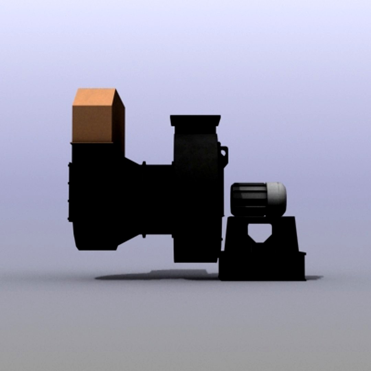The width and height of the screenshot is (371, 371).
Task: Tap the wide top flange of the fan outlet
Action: tap(195, 120)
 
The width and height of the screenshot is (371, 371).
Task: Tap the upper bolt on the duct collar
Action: tap(144, 163)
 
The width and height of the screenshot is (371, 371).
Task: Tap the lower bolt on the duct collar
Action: tap(144, 236)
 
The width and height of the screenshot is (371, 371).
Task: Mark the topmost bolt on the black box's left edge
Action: tap(69, 165)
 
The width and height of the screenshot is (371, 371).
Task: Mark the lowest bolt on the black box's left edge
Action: tap(69, 218)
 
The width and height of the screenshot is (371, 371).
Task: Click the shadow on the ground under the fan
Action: tap(155, 275)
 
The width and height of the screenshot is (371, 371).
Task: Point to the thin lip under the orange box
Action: tap(92, 142)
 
